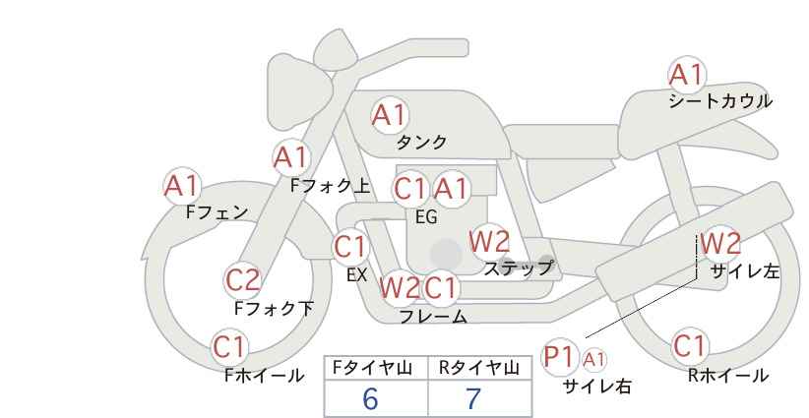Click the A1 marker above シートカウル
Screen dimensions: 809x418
click(687, 75)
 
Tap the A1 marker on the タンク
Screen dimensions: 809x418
click(390, 115)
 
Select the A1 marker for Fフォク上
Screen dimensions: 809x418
click(291, 157)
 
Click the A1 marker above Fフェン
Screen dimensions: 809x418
click(182, 186)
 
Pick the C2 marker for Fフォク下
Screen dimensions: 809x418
click(243, 280)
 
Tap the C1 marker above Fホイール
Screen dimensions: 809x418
click(229, 347)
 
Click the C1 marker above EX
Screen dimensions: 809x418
click(350, 247)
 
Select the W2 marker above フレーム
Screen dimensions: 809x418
click(400, 287)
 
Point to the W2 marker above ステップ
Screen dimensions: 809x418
click(489, 241)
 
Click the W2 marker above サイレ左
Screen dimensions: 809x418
click(720, 243)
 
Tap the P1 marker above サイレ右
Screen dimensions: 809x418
click(559, 357)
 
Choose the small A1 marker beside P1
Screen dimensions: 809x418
click(593, 360)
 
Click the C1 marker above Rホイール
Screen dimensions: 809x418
click(690, 346)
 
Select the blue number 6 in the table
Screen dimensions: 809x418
click(370, 398)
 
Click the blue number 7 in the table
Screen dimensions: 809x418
click(473, 398)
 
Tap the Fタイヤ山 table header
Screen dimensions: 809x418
click(372, 368)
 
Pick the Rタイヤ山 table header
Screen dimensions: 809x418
click(479, 368)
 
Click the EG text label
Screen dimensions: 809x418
click(427, 217)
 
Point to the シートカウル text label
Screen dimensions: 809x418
click(720, 101)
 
